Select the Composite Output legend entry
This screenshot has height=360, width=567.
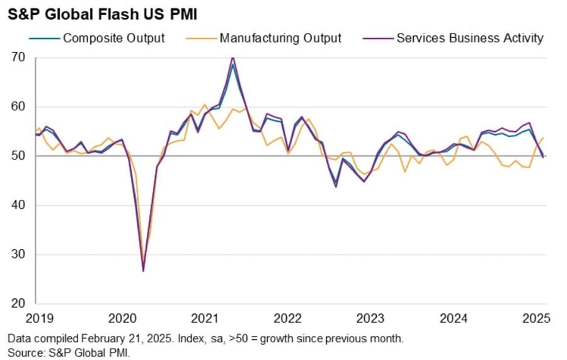point(113,38)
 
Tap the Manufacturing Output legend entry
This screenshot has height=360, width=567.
point(280,38)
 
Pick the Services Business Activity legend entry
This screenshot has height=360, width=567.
point(469,38)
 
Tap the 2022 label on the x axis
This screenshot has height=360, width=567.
point(289,318)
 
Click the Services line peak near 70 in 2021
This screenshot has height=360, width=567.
point(233,57)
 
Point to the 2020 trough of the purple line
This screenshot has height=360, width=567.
point(143,270)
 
